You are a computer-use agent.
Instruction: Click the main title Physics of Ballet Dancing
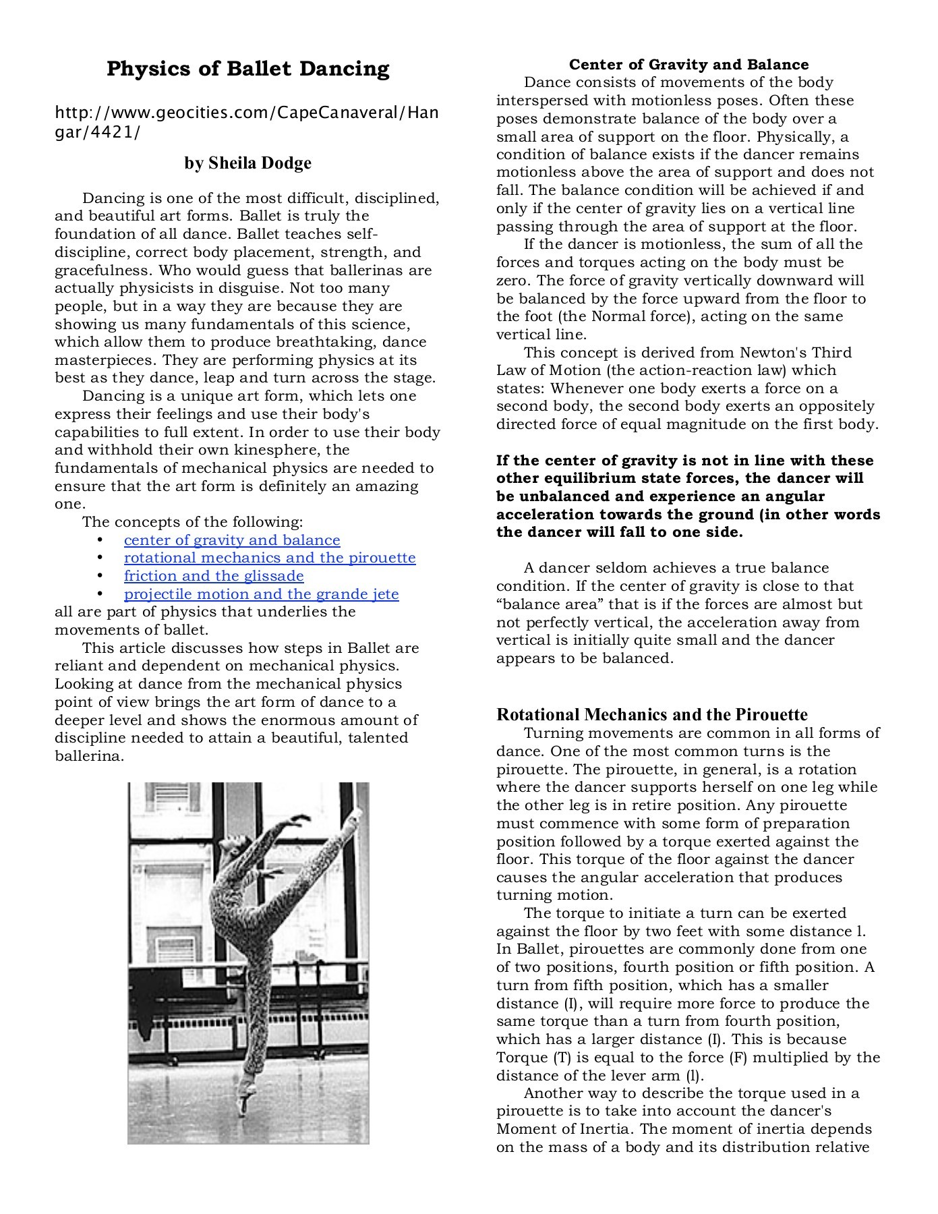pos(247,69)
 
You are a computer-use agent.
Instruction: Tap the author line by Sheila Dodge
pos(247,163)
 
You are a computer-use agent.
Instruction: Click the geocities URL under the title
pos(245,121)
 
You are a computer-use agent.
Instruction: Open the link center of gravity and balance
pos(231,540)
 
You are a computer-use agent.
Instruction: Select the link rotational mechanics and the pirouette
pos(269,558)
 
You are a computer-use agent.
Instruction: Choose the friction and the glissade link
pos(213,576)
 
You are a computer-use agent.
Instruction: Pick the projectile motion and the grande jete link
pos(261,594)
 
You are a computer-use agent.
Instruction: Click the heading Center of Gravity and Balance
pos(688,65)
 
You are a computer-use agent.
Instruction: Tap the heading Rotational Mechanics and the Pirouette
pos(651,715)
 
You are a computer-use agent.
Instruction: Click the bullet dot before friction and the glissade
pos(100,577)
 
